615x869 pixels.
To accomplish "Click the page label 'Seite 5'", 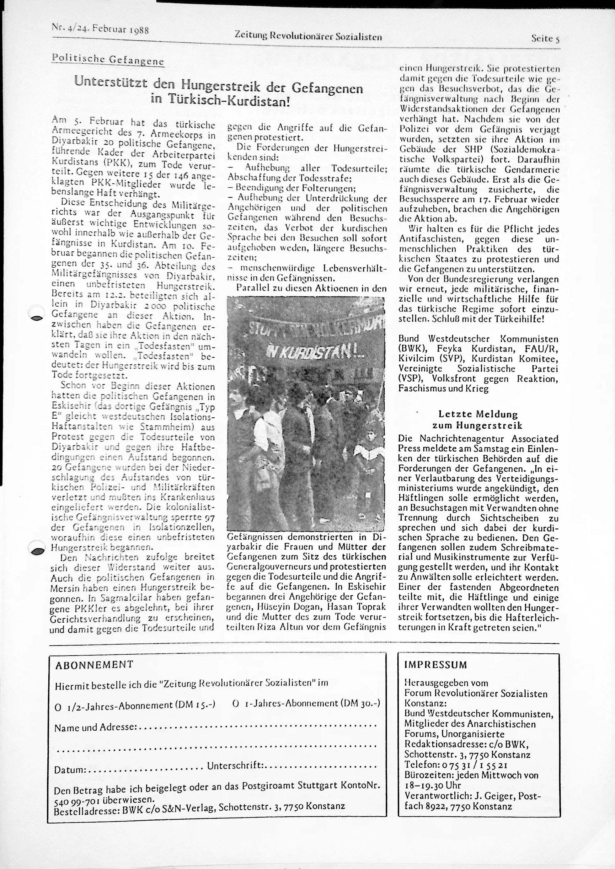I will pyautogui.click(x=545, y=39).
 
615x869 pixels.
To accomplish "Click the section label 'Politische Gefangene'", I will pyautogui.click(x=108, y=60).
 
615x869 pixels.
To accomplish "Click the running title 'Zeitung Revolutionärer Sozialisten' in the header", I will pyautogui.click(x=308, y=37).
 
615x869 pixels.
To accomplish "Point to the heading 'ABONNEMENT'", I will pyautogui.click(x=94, y=664).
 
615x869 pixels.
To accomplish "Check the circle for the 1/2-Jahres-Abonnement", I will pyautogui.click(x=58, y=705).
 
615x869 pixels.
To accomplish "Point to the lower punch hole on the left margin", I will pyautogui.click(x=37, y=551).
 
